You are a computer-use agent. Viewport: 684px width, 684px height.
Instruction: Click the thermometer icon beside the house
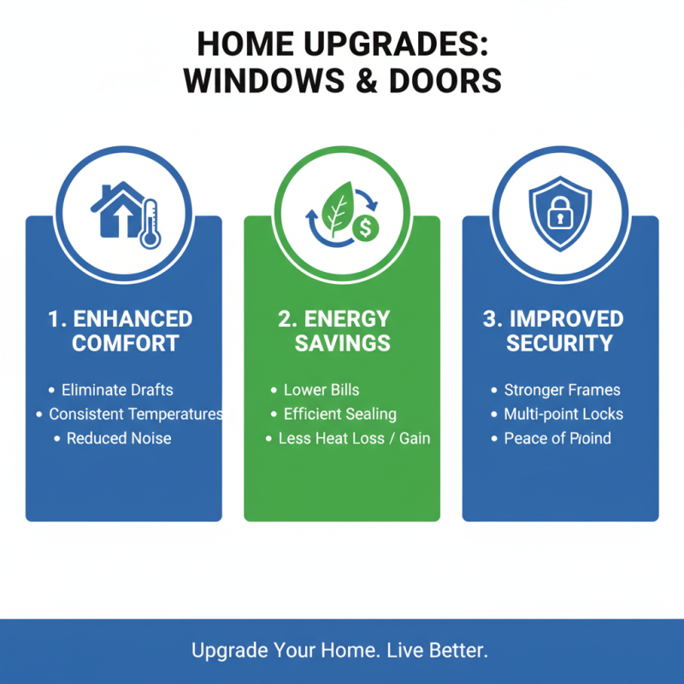point(150,223)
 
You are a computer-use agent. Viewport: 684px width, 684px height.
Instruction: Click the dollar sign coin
point(367,228)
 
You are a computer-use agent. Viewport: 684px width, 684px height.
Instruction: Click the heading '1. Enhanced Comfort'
point(121,331)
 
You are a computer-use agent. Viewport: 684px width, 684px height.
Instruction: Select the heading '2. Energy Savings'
point(342,331)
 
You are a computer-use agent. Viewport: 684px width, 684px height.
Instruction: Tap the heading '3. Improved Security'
point(560,331)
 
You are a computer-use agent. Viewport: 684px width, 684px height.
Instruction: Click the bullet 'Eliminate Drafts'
point(117,390)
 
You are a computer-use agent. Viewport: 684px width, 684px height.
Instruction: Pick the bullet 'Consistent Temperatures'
point(135,414)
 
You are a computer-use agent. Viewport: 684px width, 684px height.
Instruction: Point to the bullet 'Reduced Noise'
point(119,438)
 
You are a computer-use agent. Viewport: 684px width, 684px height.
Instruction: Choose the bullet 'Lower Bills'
point(321,390)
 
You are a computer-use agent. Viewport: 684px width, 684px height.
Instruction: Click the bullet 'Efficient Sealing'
point(339,414)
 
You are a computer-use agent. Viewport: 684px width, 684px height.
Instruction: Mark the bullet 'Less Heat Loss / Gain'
point(354,438)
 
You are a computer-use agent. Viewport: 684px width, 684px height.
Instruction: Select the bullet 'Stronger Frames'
point(562,390)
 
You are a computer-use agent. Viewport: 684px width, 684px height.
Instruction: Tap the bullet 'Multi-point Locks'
point(563,414)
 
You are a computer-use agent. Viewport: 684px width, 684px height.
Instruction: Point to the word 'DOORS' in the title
point(445,80)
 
